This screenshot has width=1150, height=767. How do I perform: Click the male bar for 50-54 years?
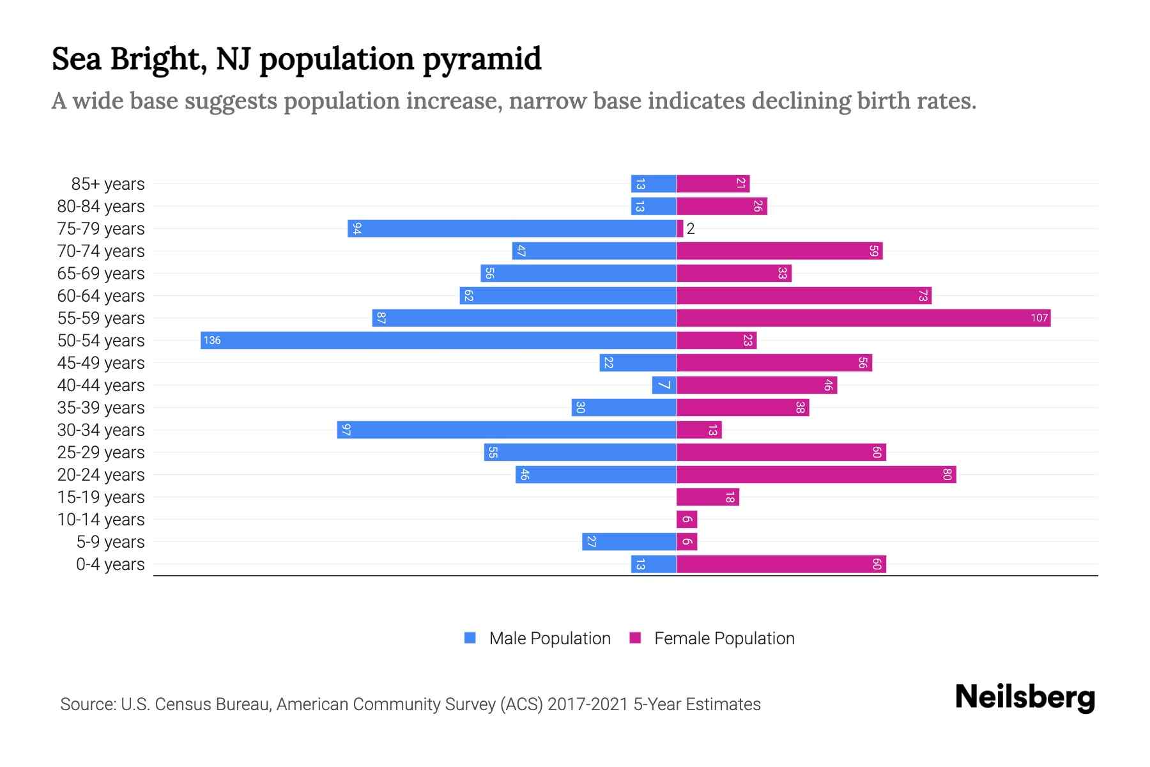438,340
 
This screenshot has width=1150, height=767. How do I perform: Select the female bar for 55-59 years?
863,318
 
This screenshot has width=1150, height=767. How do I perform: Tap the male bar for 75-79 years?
512,228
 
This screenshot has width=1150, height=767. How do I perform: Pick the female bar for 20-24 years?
816,474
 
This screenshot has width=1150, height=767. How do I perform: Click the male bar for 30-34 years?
507,430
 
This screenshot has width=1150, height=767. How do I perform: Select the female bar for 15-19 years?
707,497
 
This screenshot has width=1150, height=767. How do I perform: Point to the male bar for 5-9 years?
629,541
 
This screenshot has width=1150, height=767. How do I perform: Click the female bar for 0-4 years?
781,564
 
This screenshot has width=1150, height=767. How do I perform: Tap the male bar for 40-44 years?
664,385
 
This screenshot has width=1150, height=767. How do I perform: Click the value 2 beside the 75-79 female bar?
691,229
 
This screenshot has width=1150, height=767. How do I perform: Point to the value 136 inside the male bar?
212,340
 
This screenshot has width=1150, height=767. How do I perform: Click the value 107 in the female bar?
1039,318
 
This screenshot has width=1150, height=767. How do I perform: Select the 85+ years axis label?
108,184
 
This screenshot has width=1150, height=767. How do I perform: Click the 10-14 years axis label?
101,520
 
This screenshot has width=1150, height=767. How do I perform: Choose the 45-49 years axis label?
101,363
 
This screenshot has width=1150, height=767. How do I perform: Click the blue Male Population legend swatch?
470,638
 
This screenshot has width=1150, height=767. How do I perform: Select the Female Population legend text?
724,638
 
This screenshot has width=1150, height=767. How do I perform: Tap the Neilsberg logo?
1025,697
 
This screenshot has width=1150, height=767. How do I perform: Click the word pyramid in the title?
482,59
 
